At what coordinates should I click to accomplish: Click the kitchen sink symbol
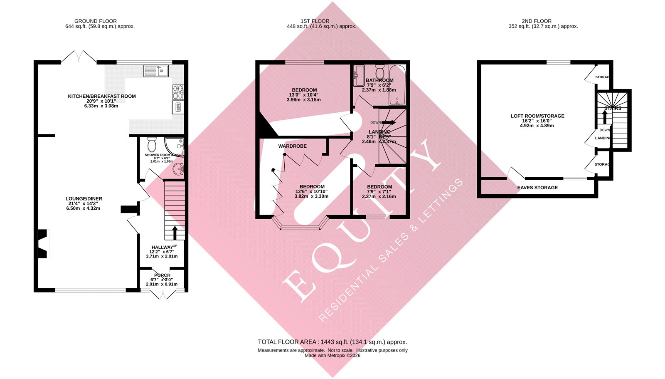[x=156, y=71]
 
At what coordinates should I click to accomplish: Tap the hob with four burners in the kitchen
[x=177, y=92]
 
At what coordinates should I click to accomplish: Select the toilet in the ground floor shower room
[x=152, y=144]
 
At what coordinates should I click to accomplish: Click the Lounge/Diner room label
[x=84, y=199]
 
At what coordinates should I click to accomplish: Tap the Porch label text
[x=162, y=275]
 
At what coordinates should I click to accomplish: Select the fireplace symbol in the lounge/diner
[x=43, y=243]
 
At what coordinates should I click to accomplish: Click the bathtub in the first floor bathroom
[x=397, y=85]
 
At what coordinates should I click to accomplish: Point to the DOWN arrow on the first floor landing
[x=388, y=122]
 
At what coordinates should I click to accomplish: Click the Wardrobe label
[x=293, y=146]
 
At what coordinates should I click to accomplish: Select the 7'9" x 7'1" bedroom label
[x=379, y=187]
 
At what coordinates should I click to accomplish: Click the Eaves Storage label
[x=537, y=188]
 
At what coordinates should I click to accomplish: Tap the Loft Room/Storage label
[x=537, y=116]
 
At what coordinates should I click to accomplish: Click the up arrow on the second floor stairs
[x=605, y=117]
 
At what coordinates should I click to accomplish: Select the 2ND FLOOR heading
[x=537, y=21]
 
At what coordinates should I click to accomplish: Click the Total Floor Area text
[x=332, y=342]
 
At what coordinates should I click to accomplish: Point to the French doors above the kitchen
[x=79, y=57]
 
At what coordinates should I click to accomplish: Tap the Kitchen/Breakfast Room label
[x=102, y=96]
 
